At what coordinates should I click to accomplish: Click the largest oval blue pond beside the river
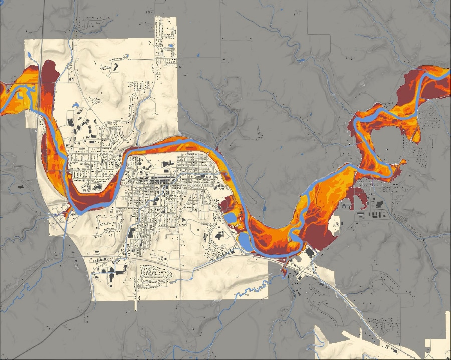(245, 242)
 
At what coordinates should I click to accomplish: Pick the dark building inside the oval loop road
(116, 66)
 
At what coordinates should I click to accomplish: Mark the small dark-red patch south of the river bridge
(284, 272)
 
